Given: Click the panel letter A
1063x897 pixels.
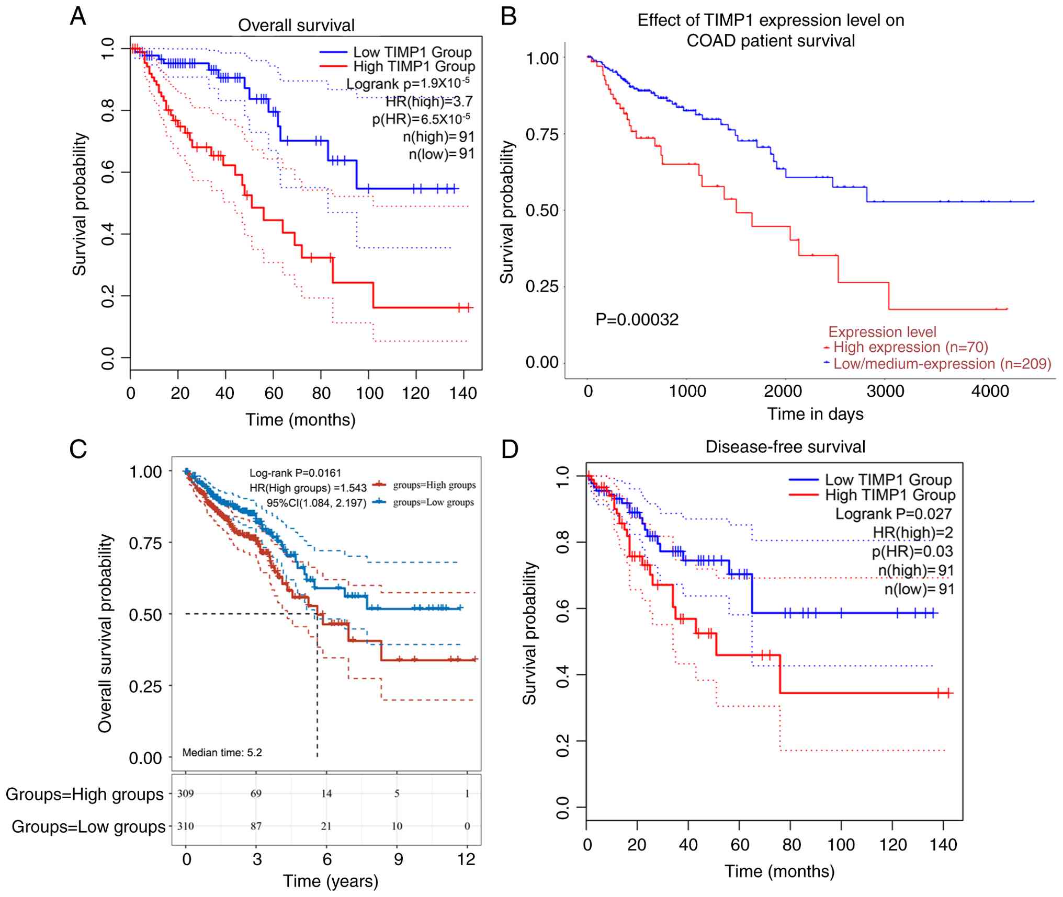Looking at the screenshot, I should pos(78,16).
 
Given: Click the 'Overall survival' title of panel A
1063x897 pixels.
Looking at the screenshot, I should pos(296,25).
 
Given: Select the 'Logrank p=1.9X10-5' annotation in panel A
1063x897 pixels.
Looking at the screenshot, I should pos(408,84).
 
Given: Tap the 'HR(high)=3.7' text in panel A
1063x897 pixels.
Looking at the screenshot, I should pos(429,101).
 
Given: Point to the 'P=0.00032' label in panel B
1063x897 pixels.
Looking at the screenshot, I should pos(637,319).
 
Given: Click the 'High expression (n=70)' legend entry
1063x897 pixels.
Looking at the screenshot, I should pos(910,347).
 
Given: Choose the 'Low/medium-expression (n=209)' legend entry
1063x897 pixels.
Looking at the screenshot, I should pos(942,364).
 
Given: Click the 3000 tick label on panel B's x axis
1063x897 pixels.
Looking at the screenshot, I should pos(885,392).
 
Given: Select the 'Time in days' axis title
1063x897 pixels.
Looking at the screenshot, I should pos(815,414).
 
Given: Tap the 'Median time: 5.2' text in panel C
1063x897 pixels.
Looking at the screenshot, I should pos(222,752).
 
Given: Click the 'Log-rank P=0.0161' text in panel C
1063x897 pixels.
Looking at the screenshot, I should pos(295,473).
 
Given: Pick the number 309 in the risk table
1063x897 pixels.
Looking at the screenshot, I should pos(185,793).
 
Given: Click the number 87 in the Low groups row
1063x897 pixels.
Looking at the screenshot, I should pos(256,826).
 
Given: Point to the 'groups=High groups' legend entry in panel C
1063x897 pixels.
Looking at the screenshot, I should pos(434,485).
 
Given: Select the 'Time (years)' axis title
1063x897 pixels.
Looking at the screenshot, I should pos(331,881).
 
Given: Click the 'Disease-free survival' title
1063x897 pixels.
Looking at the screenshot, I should pos(785,447).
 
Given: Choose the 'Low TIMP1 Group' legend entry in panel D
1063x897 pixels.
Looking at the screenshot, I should pos(888,479).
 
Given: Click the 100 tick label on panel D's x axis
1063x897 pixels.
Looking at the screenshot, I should pos(841,845).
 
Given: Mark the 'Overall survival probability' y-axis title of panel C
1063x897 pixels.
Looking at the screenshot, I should pos(105,633).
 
